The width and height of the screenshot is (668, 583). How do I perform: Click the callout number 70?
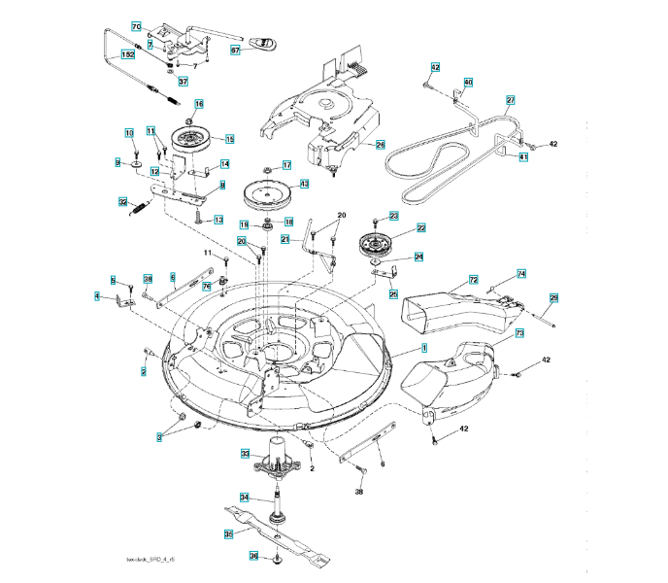pos(137,25)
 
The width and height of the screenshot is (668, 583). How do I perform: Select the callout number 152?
pos(128,56)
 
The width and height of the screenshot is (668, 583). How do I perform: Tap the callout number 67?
pos(235,49)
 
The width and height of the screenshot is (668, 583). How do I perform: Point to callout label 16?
pos(199,104)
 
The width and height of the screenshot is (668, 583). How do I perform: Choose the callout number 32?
pos(124,202)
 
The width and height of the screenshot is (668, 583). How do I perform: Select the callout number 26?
pos(381,144)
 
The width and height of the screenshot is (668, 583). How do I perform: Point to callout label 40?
pos(468,83)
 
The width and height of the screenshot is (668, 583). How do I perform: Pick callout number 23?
pos(394,216)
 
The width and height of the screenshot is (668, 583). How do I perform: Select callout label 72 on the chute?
pos(475,279)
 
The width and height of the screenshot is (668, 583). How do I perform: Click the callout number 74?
pos(521,274)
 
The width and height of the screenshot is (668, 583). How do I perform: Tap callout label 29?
pos(554,297)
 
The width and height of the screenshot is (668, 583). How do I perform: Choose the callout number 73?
pos(519,333)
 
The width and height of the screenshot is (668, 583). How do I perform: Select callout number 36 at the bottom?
pos(253,557)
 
